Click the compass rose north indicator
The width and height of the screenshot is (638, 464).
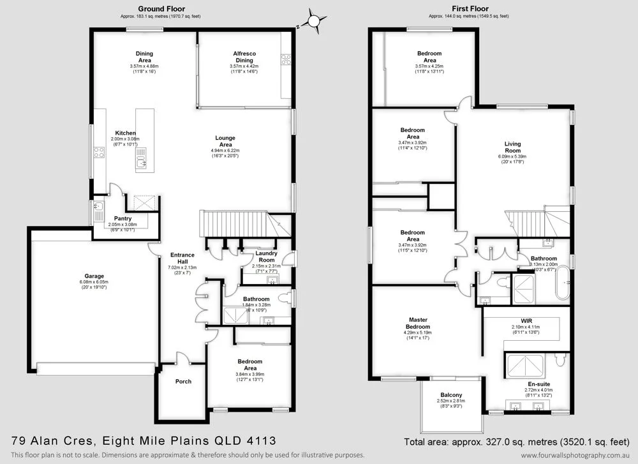click(313, 20)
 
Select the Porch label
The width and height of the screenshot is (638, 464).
click(183, 382)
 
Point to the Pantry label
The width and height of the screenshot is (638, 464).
click(122, 218)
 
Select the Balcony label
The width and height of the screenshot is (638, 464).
click(450, 395)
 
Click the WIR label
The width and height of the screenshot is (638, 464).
click(526, 320)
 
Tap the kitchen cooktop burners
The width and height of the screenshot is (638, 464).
click(100, 152)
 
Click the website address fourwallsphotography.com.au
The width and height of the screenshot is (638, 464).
click(575, 455)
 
